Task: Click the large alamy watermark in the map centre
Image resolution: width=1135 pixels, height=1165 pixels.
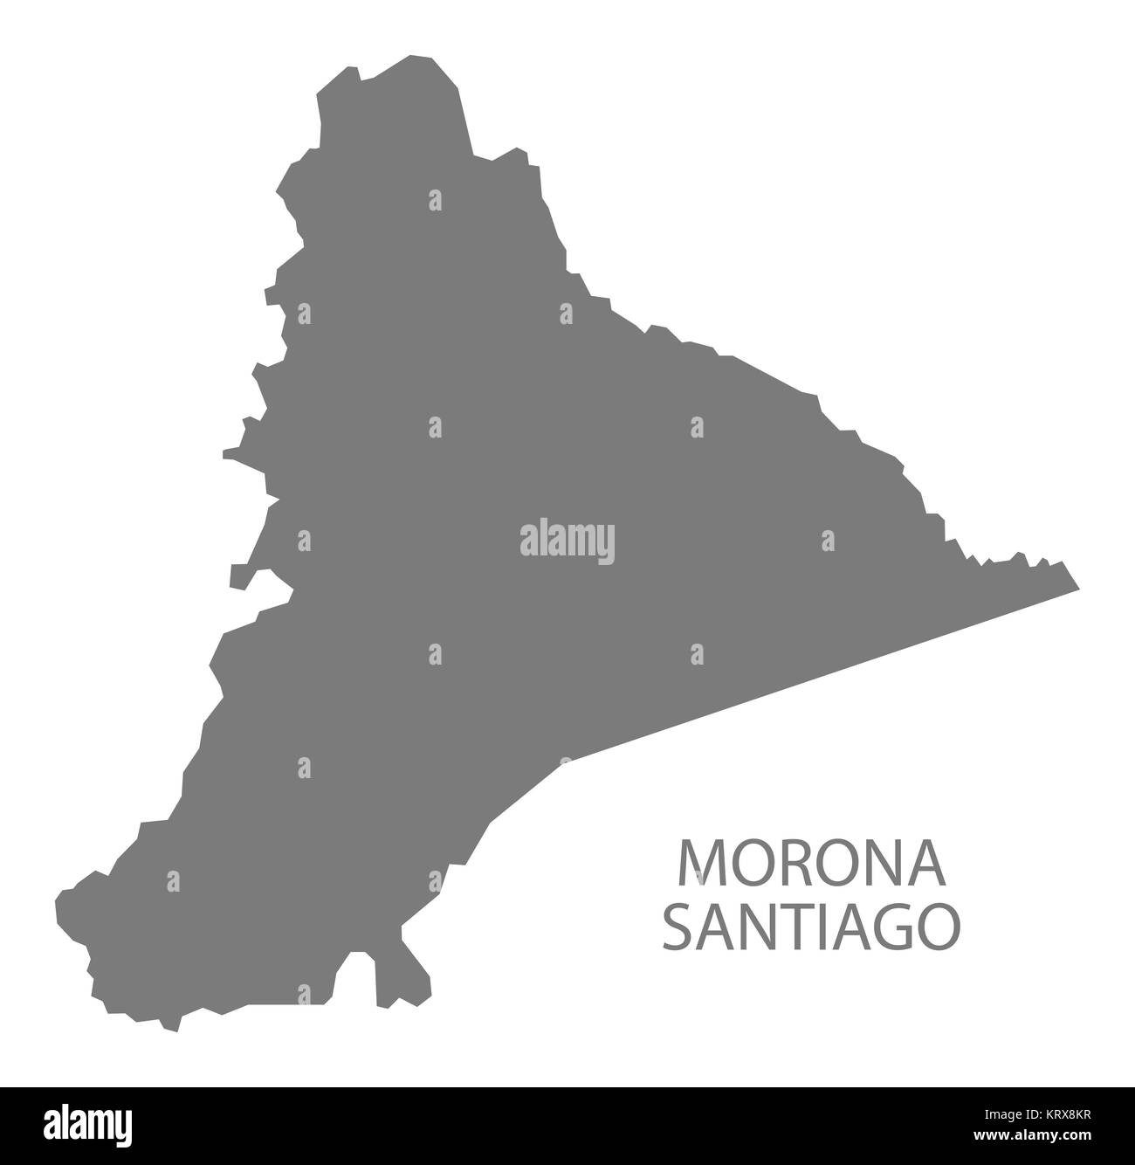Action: (x=567, y=541)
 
